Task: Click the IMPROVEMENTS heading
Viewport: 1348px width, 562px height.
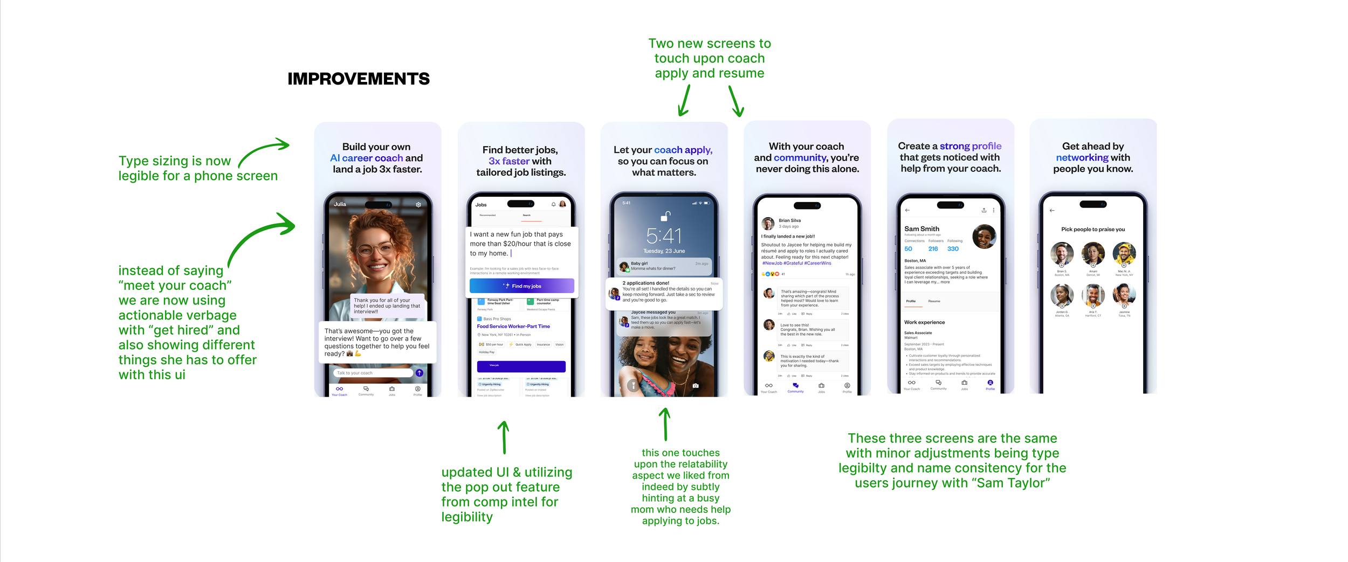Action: coord(359,79)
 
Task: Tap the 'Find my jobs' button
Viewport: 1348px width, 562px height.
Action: coord(521,286)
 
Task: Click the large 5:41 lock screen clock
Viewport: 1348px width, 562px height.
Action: coord(664,236)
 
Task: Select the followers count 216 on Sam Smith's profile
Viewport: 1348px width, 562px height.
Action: coord(933,249)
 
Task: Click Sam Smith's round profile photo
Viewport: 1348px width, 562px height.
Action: coord(984,237)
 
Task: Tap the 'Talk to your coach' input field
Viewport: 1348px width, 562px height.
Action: coord(372,373)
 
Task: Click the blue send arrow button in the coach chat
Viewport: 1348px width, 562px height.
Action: coord(419,373)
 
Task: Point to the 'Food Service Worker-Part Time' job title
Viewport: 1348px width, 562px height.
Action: coord(513,327)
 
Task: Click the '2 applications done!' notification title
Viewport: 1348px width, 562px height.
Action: coord(645,283)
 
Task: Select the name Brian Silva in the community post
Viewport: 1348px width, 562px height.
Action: coord(789,220)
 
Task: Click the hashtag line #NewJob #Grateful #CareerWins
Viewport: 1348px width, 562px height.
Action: coord(796,263)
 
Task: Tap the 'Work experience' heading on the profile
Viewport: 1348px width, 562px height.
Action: coord(924,322)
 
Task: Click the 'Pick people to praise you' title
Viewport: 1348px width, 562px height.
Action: coord(1092,230)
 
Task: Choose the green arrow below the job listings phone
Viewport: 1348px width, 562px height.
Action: coord(504,438)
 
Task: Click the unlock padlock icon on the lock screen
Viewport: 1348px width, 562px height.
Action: coord(666,217)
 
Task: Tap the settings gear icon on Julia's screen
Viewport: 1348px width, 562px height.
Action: coord(418,205)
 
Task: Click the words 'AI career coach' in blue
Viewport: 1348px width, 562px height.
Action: coord(366,158)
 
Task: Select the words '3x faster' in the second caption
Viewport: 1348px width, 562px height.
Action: coord(508,161)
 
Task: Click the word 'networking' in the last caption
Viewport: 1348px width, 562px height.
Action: coord(1082,158)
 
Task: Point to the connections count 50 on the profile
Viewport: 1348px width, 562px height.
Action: coord(908,249)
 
